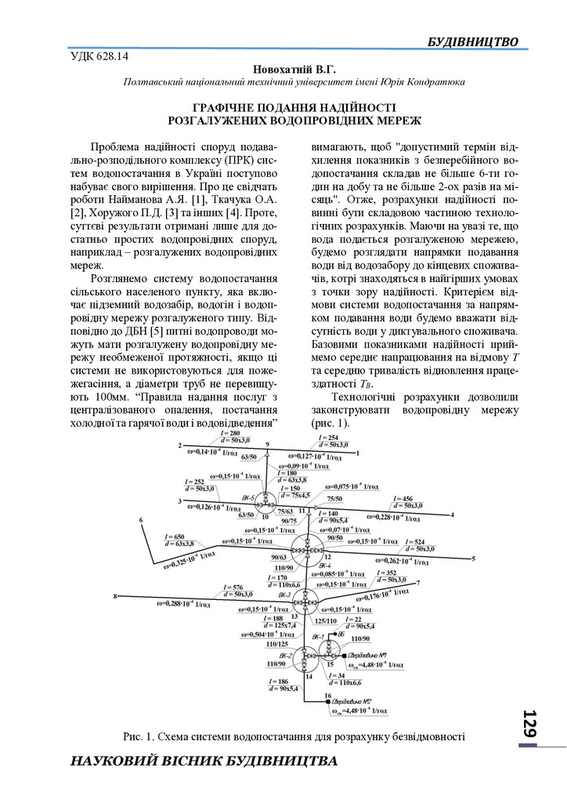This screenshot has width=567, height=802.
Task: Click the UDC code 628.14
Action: click(99, 56)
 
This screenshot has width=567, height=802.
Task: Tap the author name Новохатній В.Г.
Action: click(283, 69)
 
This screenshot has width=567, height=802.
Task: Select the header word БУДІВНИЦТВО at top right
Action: click(473, 40)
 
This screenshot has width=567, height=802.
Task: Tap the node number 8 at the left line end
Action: click(114, 597)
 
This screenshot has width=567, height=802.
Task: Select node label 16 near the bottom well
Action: click(327, 695)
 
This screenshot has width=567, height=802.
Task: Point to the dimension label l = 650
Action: click(175, 536)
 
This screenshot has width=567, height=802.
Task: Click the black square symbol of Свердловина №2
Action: click(327, 703)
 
